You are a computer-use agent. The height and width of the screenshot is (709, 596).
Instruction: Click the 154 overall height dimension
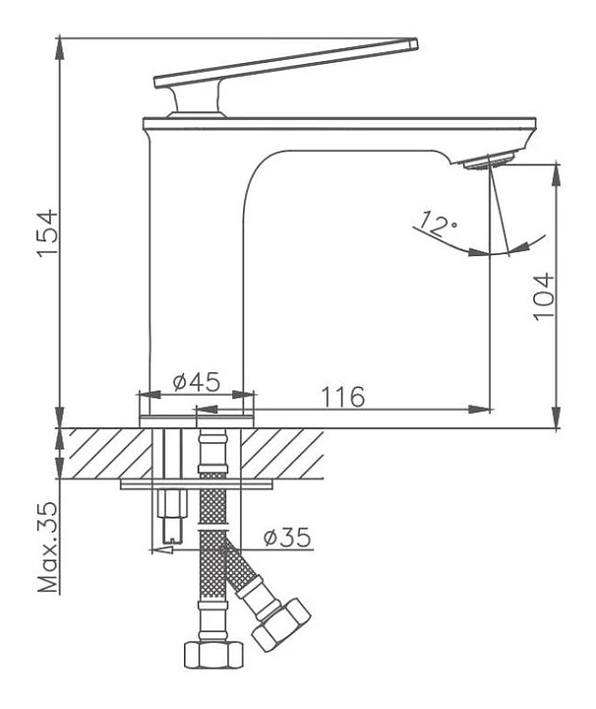click(x=48, y=232)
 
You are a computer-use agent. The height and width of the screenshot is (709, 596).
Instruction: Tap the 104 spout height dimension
click(x=543, y=296)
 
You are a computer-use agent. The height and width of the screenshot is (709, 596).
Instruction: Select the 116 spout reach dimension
click(x=342, y=397)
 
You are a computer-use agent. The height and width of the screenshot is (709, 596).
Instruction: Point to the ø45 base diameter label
click(x=197, y=382)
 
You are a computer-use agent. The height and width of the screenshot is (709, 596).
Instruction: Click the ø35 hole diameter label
click(x=288, y=538)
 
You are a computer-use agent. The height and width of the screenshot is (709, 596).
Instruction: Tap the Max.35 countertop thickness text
click(x=49, y=548)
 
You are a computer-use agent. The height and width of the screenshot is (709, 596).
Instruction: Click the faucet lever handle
click(x=286, y=63)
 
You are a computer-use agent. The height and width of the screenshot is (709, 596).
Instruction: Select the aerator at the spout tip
click(x=490, y=161)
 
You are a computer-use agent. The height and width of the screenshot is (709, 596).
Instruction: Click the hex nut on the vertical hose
click(x=214, y=654)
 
